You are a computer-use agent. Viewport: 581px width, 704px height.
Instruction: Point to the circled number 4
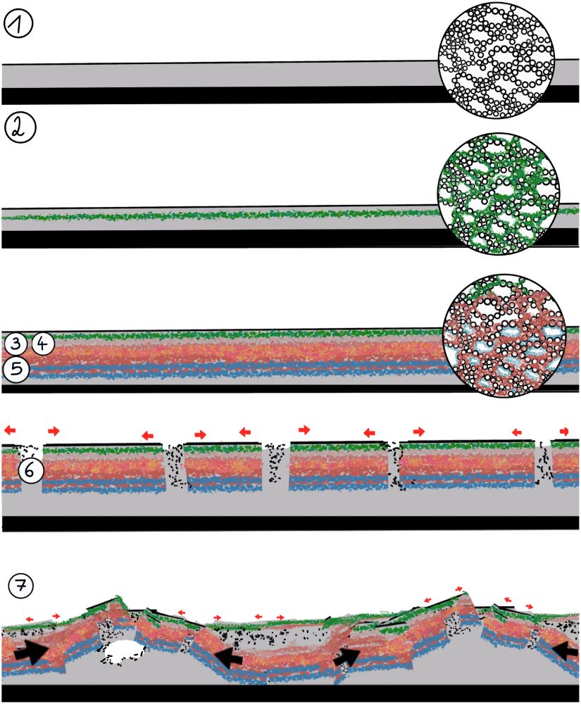[x=42, y=344]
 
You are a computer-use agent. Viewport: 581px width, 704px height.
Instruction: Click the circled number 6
[x=32, y=472]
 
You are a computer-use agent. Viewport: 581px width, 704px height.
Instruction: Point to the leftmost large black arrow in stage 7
[x=31, y=652]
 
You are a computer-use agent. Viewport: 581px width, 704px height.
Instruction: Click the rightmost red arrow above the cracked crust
[x=565, y=430]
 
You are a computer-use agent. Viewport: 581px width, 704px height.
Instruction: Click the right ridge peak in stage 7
[x=463, y=596]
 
